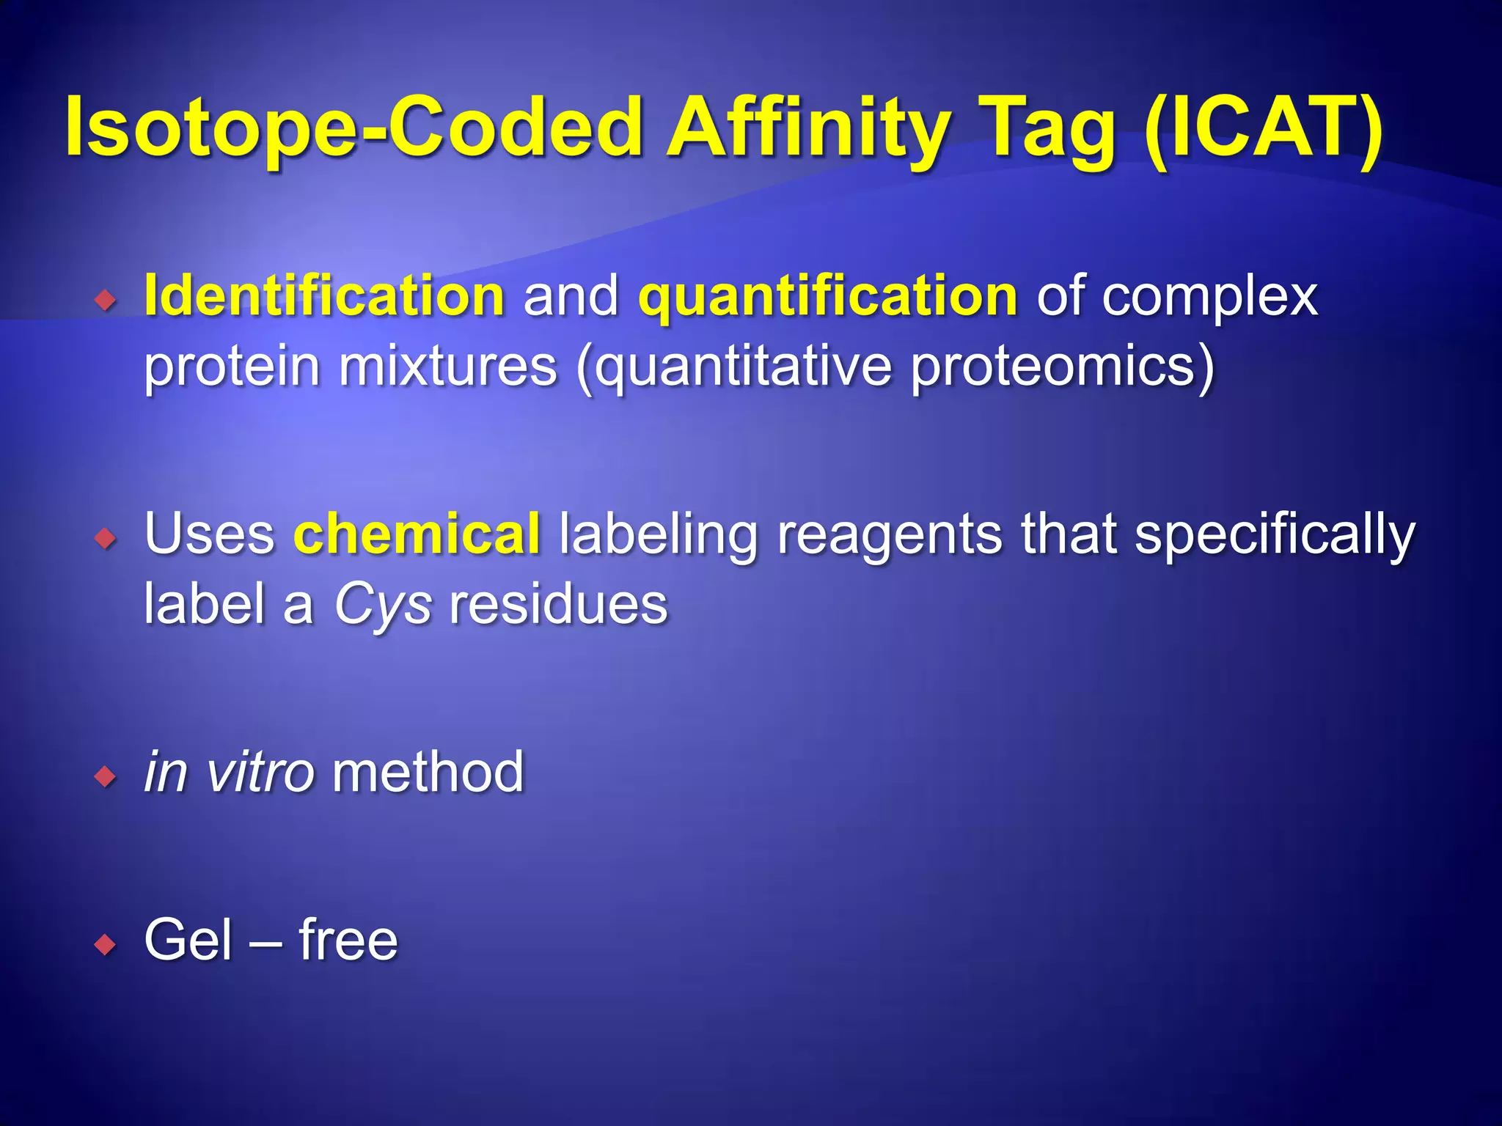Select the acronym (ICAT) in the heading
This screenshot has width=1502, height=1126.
point(1263,128)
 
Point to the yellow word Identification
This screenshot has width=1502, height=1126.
point(324,295)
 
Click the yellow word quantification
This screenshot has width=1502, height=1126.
point(827,295)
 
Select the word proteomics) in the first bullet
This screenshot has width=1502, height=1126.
point(1062,367)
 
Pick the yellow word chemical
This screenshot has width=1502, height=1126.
point(417,533)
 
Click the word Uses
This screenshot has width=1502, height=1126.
point(209,533)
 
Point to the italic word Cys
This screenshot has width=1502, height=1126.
point(382,606)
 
